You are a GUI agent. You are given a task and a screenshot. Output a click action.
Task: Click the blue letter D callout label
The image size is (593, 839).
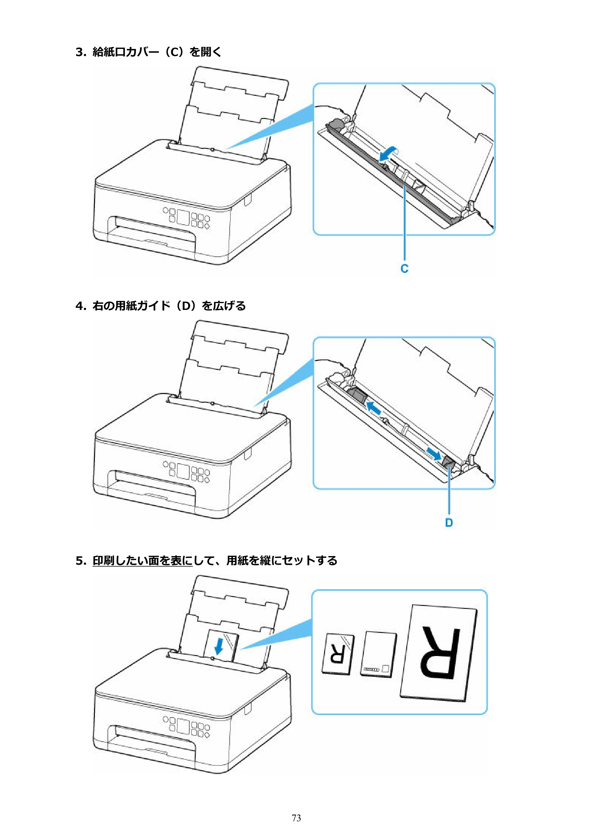click(449, 523)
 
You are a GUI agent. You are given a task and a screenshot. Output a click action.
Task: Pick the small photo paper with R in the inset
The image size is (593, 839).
click(338, 654)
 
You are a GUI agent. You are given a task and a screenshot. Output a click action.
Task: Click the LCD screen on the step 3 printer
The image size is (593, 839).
click(183, 217)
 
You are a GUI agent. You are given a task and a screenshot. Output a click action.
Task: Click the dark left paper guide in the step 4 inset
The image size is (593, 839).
click(357, 396)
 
